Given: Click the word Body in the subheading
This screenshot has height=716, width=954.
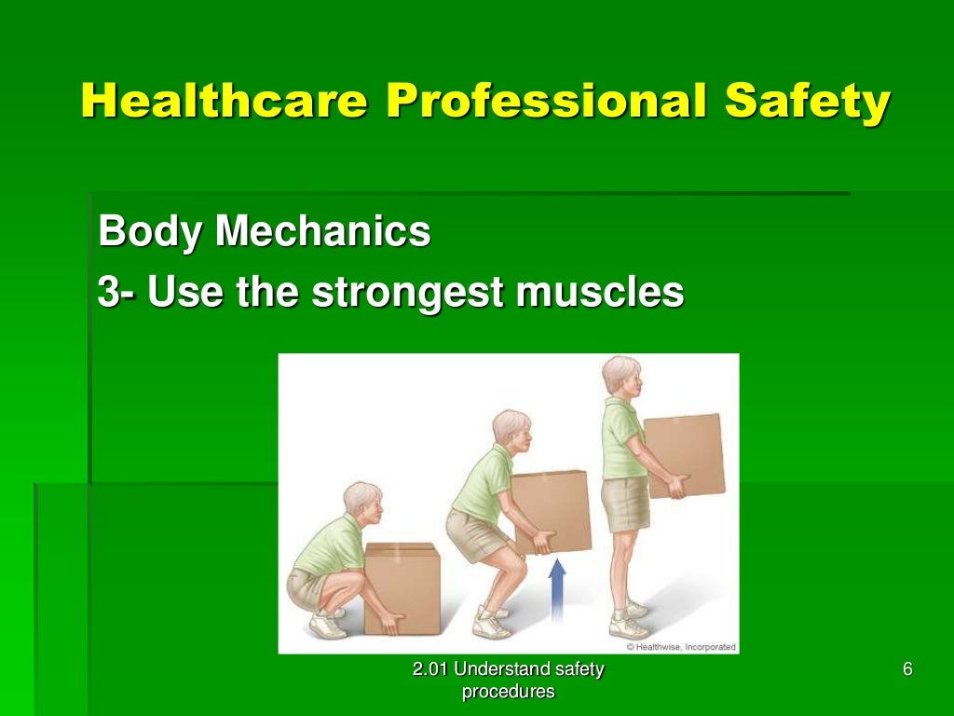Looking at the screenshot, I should tap(149, 231).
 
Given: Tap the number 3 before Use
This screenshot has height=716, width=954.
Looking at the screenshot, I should tap(110, 293).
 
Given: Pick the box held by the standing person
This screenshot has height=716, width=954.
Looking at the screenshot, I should tap(683, 454).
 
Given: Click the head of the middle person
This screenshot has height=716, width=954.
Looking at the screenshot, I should tap(511, 429).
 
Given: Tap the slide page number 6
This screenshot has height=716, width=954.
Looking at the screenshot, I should tap(907, 669).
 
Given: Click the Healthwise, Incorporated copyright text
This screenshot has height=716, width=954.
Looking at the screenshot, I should tap(680, 646).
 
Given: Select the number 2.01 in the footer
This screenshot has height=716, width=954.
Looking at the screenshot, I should tap(431, 669).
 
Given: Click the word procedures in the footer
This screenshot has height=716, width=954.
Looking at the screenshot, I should tap(508, 692).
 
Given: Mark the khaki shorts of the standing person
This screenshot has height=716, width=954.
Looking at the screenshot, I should tap(626, 503).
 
